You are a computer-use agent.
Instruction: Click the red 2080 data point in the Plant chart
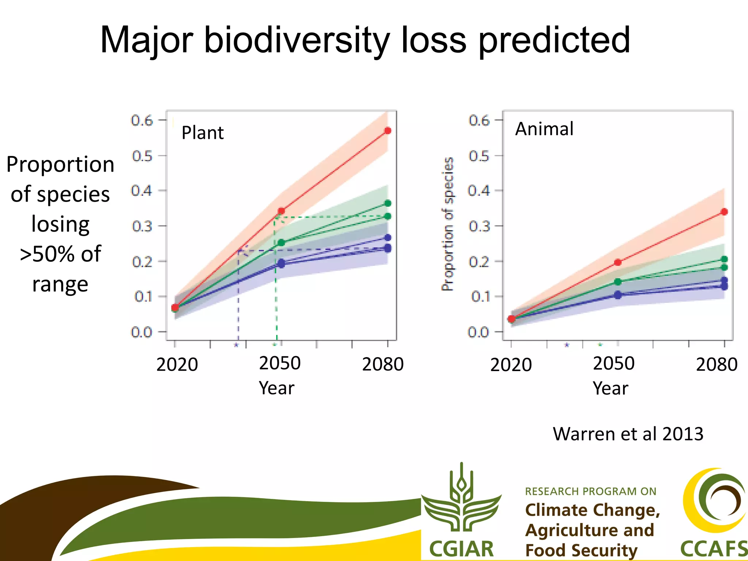click(388, 131)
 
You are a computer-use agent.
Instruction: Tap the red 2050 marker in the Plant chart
click(281, 211)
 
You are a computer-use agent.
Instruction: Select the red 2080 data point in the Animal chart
click(725, 212)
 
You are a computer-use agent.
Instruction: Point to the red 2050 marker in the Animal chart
click(618, 262)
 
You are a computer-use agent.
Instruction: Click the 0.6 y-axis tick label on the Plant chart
click(142, 120)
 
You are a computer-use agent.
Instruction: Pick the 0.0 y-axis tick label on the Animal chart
click(478, 332)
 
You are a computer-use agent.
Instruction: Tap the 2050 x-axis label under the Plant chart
click(280, 363)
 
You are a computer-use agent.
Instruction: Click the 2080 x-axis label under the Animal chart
click(717, 365)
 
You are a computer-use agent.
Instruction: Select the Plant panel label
click(202, 133)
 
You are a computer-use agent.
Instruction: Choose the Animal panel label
click(544, 129)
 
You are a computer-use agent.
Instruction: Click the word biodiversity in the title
click(297, 40)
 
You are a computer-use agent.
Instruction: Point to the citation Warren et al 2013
click(628, 434)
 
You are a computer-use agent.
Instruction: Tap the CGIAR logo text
click(461, 549)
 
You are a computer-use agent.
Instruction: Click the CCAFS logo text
click(714, 549)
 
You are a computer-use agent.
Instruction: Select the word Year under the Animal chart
click(610, 388)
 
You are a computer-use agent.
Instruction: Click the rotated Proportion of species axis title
click(448, 224)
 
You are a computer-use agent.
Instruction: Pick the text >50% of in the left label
click(60, 254)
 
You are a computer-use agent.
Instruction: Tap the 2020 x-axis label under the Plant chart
click(177, 365)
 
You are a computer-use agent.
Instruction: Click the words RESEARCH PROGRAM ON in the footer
click(591, 491)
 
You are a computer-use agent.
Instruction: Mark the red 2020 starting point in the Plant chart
click(175, 308)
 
